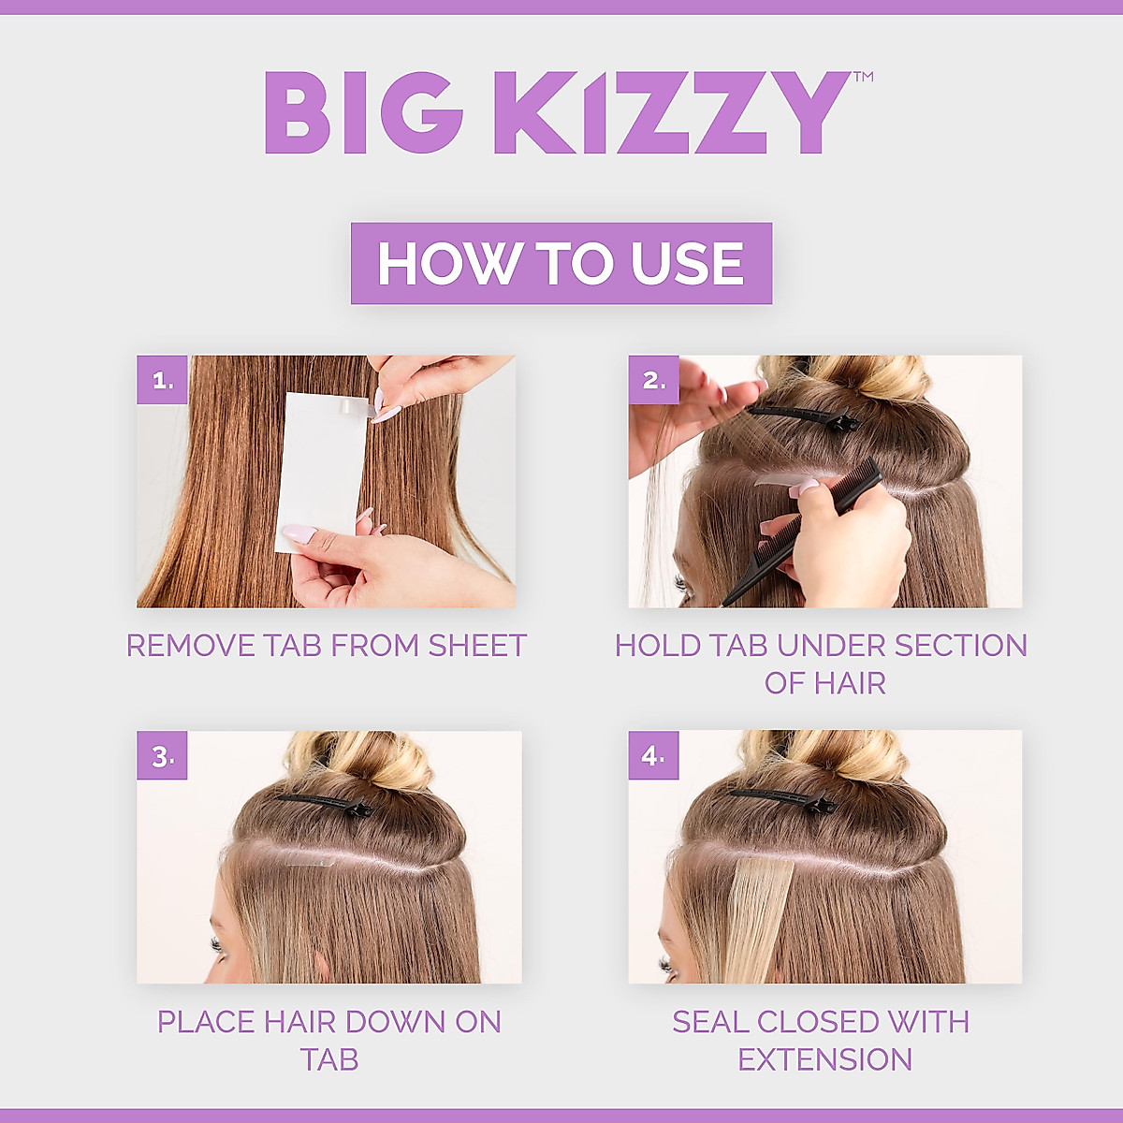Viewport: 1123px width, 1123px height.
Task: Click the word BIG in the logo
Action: pyautogui.click(x=363, y=113)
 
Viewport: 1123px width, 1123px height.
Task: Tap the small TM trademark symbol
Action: pyautogui.click(x=863, y=78)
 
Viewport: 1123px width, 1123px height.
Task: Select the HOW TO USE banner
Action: pyautogui.click(x=561, y=263)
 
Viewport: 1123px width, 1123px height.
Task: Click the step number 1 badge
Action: pyautogui.click(x=162, y=380)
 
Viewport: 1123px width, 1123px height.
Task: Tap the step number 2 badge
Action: pyautogui.click(x=653, y=380)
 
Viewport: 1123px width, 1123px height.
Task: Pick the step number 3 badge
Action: pyautogui.click(x=162, y=756)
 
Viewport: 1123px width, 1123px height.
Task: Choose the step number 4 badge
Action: pyautogui.click(x=653, y=756)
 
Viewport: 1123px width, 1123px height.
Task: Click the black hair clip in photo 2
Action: pyautogui.click(x=805, y=416)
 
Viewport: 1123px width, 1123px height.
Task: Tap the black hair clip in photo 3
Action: pyautogui.click(x=323, y=803)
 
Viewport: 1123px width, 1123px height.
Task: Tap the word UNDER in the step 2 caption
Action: pyautogui.click(x=830, y=646)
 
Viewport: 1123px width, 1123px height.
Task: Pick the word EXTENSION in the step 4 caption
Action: pyautogui.click(x=824, y=1059)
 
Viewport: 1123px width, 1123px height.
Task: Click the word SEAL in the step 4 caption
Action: pyautogui.click(x=709, y=1022)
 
